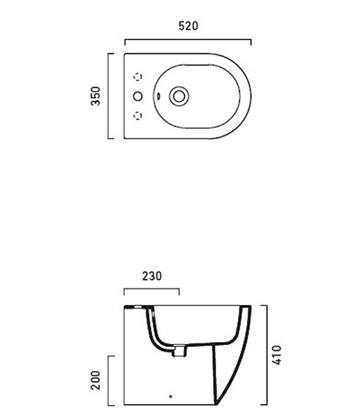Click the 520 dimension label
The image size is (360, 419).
(188, 26)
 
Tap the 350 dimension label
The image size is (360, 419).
(95, 96)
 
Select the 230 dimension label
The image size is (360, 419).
(152, 276)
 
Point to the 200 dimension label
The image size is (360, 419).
(95, 380)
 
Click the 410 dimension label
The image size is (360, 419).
(277, 354)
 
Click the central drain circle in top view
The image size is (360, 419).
(179, 96)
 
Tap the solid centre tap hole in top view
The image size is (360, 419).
(138, 96)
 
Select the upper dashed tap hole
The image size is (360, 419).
(138, 77)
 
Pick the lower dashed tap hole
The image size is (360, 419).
(138, 116)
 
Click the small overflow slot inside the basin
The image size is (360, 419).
(158, 95)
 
